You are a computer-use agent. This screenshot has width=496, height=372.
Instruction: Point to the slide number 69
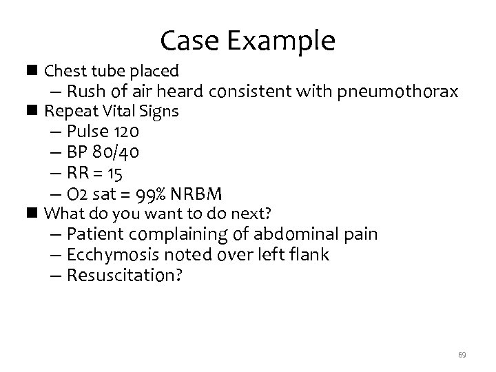[x=462, y=355]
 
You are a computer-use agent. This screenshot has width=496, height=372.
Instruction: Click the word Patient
[x=94, y=234]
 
